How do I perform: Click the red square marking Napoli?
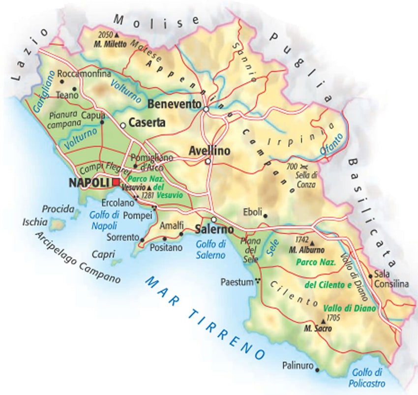tap(116, 182)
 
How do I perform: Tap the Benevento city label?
tap(175, 105)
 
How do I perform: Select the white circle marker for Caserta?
tap(123, 125)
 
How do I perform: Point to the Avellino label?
tap(209, 152)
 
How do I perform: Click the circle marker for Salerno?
tap(214, 219)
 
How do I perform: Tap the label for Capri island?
tap(103, 254)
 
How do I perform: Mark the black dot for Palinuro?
tap(317, 370)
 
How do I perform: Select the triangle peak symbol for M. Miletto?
tap(117, 36)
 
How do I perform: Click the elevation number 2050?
tap(105, 35)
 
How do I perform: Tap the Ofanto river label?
tap(331, 145)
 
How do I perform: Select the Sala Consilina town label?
tap(391, 279)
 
